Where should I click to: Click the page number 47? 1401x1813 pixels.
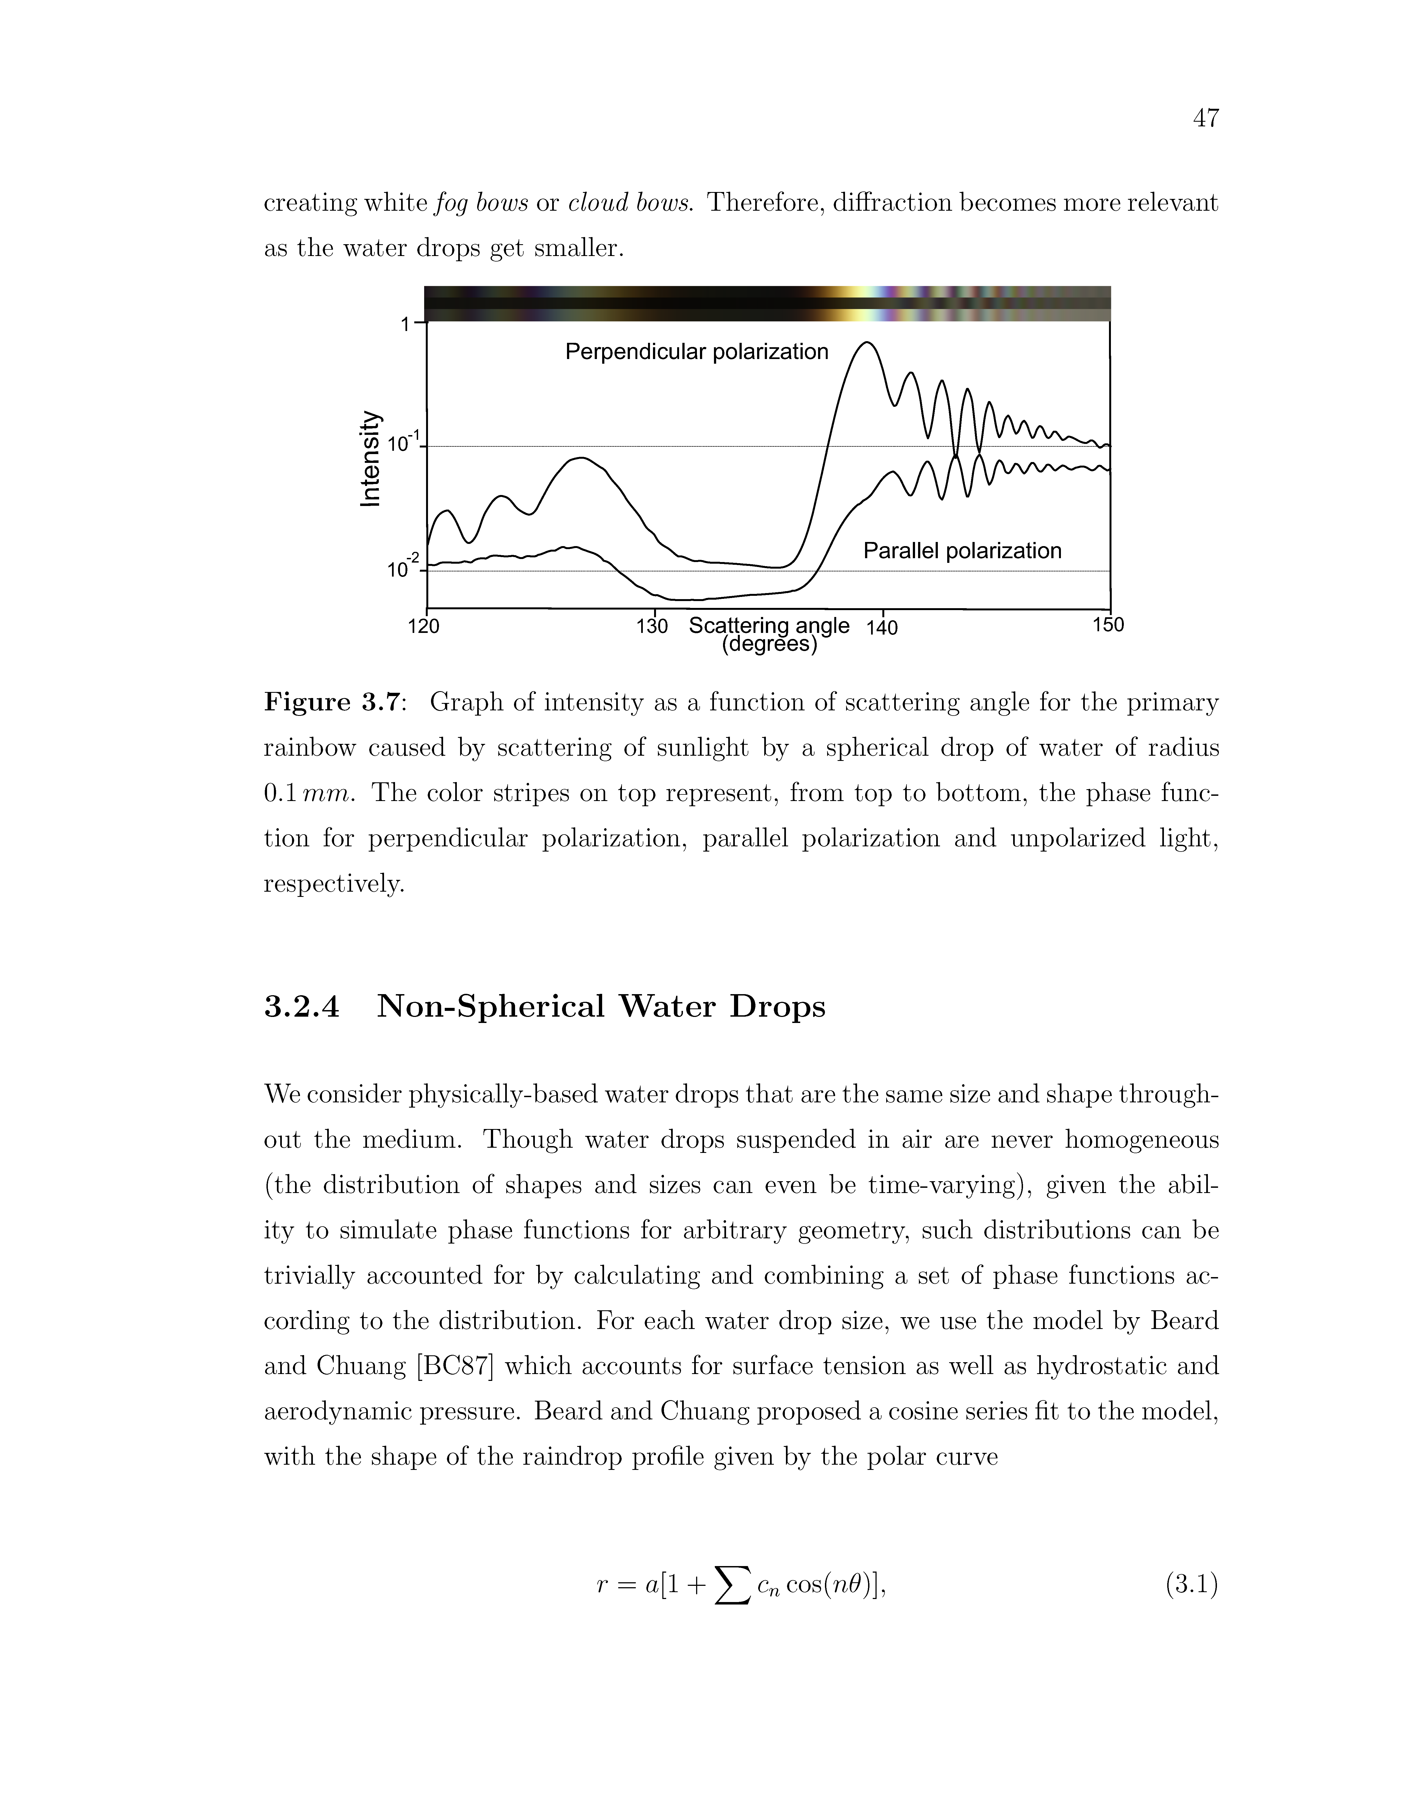[1205, 119]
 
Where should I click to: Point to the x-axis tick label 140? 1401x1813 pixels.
[882, 628]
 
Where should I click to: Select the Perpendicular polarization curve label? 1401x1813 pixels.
[696, 352]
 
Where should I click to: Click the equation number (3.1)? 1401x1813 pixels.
[1192, 1586]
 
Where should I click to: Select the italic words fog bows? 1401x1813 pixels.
[481, 203]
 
